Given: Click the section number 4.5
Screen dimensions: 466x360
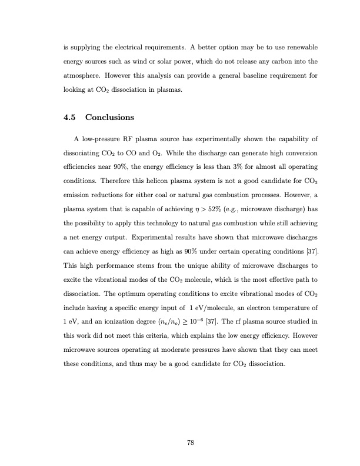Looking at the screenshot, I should point(70,118).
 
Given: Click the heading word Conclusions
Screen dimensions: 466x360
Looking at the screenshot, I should point(110,118).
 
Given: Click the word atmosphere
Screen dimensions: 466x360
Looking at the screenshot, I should point(85,76).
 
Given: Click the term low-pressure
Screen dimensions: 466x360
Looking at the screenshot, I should point(103,139).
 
